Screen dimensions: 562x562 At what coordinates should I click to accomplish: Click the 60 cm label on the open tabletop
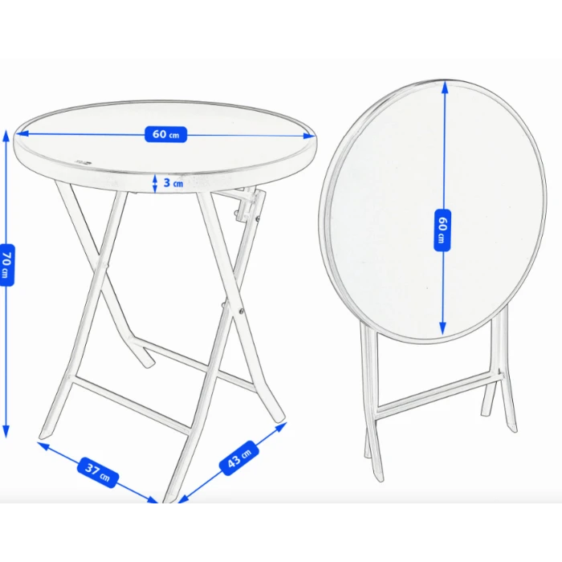pos(165,134)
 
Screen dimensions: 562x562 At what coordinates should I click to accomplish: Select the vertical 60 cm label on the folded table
pos(442,230)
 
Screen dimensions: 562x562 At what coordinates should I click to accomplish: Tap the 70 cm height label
pos(6,265)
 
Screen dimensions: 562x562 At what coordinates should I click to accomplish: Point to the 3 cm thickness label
pos(173,183)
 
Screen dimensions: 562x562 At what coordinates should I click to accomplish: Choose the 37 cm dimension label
pos(98,472)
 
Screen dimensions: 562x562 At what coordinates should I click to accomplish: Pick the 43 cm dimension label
pos(239,458)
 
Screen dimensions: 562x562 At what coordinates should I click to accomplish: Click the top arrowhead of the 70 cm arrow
pos(6,135)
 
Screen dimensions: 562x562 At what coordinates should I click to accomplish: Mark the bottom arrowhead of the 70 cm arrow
pos(6,432)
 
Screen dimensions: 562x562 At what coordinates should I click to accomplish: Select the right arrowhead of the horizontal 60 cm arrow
pos(309,136)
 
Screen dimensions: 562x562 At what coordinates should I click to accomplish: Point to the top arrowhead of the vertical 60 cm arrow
pos(445,88)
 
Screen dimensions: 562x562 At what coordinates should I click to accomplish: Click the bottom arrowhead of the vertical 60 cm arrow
pos(442,328)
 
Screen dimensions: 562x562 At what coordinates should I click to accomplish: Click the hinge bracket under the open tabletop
pos(247,206)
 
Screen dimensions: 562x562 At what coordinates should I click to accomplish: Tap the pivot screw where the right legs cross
pos(241,312)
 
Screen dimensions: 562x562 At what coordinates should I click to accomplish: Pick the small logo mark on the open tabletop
pos(83,162)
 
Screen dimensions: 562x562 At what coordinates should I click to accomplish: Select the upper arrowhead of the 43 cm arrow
pos(281,427)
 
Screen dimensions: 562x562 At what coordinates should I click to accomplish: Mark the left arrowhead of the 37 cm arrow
pos(43,446)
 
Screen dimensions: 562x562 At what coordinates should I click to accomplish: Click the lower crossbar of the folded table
pos(439,394)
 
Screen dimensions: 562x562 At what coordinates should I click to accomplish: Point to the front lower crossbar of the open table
pos(131,405)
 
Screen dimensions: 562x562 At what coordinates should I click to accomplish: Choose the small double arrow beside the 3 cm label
pos(155,184)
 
